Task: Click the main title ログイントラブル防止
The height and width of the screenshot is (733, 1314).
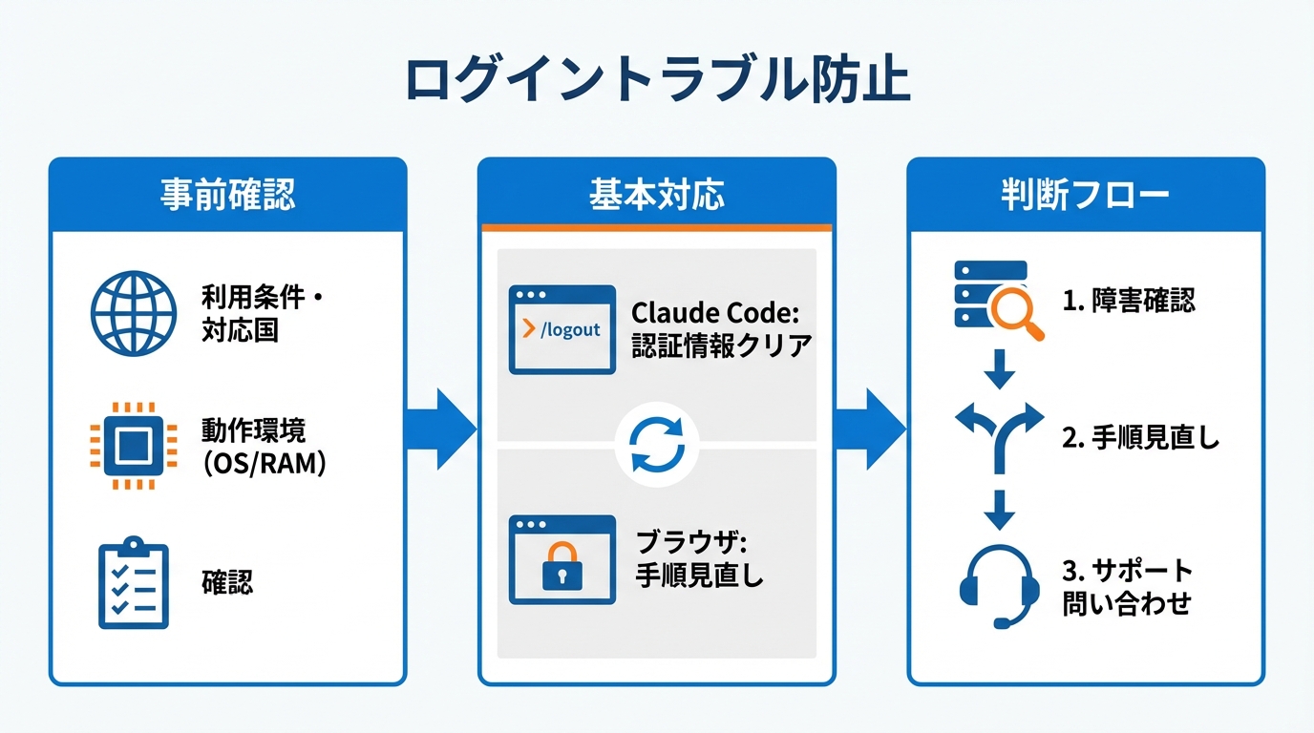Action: (657, 82)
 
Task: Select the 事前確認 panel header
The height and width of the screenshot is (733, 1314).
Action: (227, 194)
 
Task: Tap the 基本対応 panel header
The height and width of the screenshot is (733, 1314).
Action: (657, 194)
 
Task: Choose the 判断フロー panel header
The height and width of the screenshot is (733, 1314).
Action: (1085, 194)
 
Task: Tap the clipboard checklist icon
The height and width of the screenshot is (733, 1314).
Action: (134, 583)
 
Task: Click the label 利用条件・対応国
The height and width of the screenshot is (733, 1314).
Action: (264, 314)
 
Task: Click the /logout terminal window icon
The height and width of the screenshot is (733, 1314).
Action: (562, 329)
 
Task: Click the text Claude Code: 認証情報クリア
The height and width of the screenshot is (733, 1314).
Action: (721, 329)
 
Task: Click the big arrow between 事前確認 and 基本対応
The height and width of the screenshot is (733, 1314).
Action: (441, 429)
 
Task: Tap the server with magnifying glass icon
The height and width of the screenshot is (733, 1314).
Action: (998, 300)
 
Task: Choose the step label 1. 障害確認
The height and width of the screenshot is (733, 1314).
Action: (1128, 302)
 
